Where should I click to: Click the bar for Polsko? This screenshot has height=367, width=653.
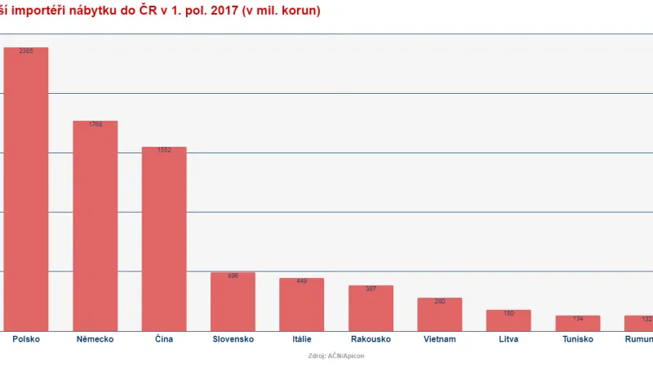[26, 188]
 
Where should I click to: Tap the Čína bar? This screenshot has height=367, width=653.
[164, 239]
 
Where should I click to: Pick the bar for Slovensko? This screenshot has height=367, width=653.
[233, 302]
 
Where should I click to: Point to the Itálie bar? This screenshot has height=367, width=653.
[301, 304]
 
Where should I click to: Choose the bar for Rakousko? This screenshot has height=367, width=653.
[371, 308]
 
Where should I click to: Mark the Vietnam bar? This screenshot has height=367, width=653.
[439, 314]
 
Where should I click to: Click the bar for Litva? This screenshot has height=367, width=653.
[509, 321]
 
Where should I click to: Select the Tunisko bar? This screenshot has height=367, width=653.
[577, 323]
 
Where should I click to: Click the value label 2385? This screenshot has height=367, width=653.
[26, 51]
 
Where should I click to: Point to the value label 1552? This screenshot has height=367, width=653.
[164, 151]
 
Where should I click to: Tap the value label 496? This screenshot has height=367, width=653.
[233, 276]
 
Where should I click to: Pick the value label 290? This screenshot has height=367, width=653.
[439, 302]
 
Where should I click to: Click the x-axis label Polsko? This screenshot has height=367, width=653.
[26, 338]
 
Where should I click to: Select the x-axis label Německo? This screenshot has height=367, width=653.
[95, 338]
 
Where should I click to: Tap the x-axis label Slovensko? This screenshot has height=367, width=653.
[233, 338]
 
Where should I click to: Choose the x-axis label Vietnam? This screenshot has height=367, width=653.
[439, 338]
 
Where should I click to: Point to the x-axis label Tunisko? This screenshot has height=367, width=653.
[577, 338]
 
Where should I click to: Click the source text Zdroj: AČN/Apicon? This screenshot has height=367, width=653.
[326, 356]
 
